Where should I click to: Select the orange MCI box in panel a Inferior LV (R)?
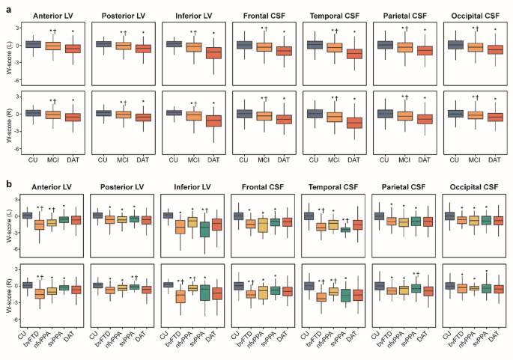193,115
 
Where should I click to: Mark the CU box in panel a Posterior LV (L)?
103,44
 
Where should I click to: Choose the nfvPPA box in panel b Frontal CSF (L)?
263,222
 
